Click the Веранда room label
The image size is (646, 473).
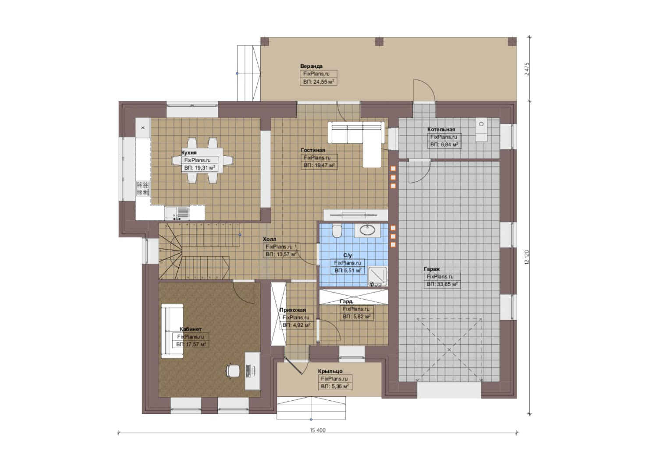click(x=311, y=66)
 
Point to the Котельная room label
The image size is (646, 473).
click(x=441, y=130)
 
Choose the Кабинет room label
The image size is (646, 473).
click(x=191, y=329)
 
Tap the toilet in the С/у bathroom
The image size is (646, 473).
click(x=337, y=231)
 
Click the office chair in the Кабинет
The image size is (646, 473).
click(x=233, y=371)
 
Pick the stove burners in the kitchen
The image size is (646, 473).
click(x=143, y=188)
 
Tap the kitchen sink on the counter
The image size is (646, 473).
click(x=177, y=213)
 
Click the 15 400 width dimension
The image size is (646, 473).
click(x=317, y=431)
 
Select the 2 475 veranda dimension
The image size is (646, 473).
click(x=527, y=69)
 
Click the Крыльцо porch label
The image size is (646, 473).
click(x=330, y=371)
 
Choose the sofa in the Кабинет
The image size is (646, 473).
click(x=172, y=331)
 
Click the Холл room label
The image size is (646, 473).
click(x=270, y=239)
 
